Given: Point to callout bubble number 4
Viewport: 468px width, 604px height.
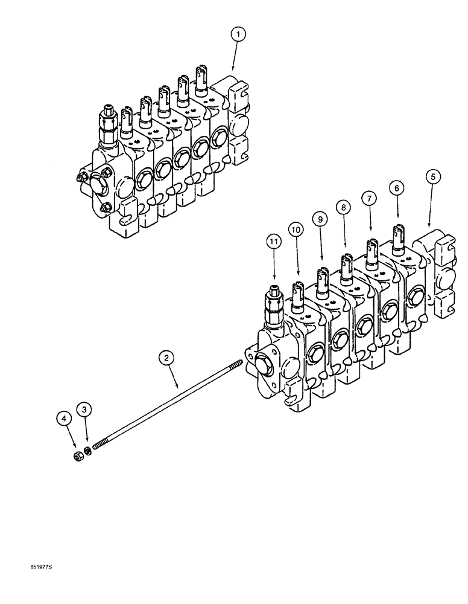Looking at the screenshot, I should (x=63, y=417).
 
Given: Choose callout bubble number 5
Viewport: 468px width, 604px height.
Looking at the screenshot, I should (x=432, y=177).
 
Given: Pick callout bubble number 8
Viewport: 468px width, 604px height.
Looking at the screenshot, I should (x=343, y=208).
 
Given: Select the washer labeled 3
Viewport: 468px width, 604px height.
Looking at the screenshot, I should (x=87, y=450).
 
